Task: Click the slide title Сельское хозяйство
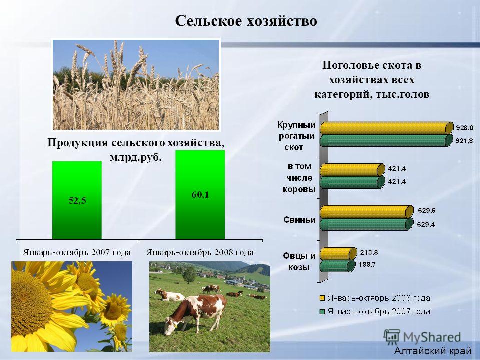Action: pos(246,21)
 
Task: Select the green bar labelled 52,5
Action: pos(77,200)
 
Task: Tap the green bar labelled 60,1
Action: pos(200,194)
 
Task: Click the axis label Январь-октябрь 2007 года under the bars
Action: pos(76,253)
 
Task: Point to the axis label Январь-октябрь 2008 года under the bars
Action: pos(200,253)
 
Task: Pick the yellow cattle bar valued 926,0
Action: pos(387,128)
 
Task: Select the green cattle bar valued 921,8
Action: pos(386,141)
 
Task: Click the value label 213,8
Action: pos(369,252)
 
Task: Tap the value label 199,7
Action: pos(367,264)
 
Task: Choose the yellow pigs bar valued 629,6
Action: pos(366,212)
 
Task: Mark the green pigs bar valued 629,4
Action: pos(366,224)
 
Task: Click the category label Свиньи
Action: pos(299,220)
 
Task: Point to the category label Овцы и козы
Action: pos(299,261)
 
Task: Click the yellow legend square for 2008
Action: pos(322,298)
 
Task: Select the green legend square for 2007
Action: pos(322,312)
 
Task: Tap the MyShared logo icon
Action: pos(392,337)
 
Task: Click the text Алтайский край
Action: pos(433,351)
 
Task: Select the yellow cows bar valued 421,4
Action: pos(352,170)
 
